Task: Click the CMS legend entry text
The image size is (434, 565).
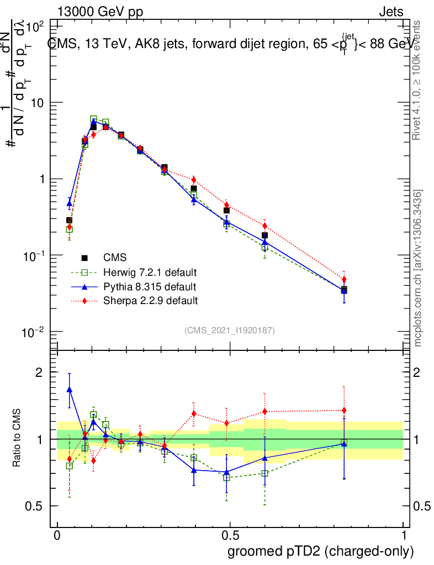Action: point(115,258)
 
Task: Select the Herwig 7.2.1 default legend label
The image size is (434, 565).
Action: point(149,272)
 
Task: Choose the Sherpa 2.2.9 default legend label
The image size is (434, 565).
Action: point(149,301)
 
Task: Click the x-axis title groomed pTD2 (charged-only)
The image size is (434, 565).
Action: point(320,551)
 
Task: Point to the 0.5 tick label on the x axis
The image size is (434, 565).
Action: point(230,536)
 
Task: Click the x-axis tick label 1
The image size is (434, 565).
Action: point(403,536)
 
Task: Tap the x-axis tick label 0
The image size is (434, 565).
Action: point(57,536)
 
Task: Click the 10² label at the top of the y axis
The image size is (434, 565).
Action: point(35,26)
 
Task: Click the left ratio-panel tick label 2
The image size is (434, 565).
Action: point(39,372)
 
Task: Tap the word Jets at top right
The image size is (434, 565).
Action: point(391,11)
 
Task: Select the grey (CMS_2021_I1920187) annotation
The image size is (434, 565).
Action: point(230,330)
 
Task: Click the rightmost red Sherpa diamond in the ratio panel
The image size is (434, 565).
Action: point(344,411)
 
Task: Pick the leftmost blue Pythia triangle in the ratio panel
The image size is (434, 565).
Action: point(70,389)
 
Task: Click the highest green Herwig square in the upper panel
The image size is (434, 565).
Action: point(94,119)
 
